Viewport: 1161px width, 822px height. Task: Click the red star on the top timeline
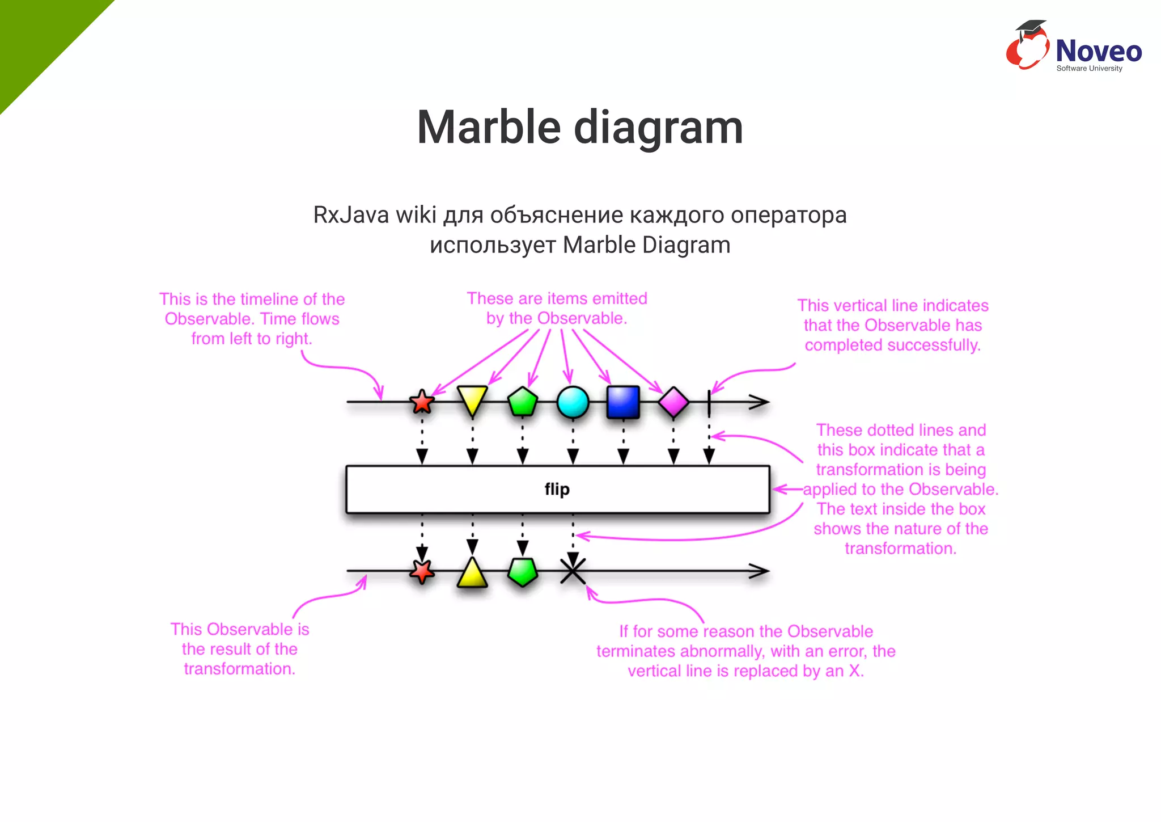click(422, 402)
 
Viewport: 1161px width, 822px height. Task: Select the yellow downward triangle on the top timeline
click(472, 399)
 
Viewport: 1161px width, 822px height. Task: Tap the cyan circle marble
click(573, 402)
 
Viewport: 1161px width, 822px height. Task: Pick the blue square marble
click(623, 402)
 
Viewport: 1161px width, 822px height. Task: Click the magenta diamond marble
click(673, 402)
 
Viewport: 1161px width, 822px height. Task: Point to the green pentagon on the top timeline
click(523, 402)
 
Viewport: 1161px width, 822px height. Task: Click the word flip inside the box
click(557, 489)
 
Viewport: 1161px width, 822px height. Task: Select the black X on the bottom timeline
click(573, 571)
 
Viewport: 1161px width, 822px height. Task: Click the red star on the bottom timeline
click(422, 571)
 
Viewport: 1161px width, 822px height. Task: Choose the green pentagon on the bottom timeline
click(523, 572)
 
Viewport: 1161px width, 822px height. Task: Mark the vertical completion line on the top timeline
click(709, 402)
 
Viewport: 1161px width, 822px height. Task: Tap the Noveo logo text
click(1098, 51)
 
